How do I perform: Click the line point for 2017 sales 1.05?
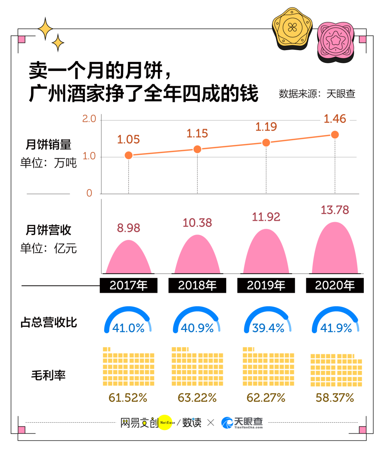click(129, 155)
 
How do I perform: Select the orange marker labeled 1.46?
click(335, 135)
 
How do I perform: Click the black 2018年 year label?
click(197, 286)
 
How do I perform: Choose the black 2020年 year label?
click(335, 286)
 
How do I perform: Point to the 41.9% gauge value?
click(336, 328)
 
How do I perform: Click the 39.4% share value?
click(268, 328)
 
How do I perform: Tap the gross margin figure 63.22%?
click(197, 398)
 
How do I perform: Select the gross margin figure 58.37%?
click(335, 398)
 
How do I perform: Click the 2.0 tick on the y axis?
click(89, 119)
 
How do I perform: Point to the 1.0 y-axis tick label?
click(89, 156)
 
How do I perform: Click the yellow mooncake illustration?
click(292, 28)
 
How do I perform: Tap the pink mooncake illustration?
click(335, 42)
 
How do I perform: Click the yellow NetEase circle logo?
click(165, 423)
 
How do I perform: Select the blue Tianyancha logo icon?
click(227, 423)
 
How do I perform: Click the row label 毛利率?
click(49, 375)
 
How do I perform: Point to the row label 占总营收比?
click(49, 322)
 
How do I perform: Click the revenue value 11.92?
click(266, 217)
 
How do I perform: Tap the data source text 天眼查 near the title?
click(341, 94)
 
